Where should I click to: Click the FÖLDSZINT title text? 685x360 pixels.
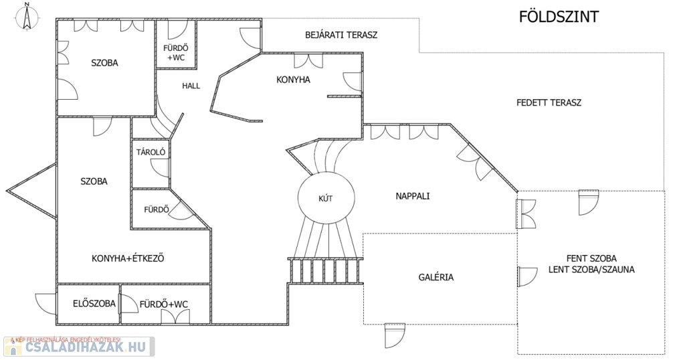click(x=559, y=17)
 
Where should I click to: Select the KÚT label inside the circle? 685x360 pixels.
click(x=326, y=197)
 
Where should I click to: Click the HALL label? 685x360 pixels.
click(x=191, y=86)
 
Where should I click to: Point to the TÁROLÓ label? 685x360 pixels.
click(x=151, y=152)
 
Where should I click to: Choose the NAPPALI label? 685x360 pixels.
click(x=412, y=197)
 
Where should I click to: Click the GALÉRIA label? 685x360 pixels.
click(x=436, y=276)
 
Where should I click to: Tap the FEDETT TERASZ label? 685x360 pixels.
click(x=549, y=103)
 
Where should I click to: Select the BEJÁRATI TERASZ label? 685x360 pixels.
click(x=341, y=35)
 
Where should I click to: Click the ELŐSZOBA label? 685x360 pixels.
click(x=94, y=304)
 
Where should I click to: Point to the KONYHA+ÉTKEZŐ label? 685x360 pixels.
click(x=128, y=258)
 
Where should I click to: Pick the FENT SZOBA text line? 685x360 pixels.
click(x=591, y=258)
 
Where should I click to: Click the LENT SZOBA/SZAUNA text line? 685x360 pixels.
click(x=591, y=270)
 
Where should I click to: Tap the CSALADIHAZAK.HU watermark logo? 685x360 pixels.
click(x=79, y=347)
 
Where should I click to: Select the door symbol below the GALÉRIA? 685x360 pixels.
click(x=395, y=335)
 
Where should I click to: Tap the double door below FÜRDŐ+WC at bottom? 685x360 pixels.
click(x=170, y=318)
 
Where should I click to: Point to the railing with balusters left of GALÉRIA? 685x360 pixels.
click(x=325, y=270)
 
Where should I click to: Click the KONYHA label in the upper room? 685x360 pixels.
click(x=293, y=80)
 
